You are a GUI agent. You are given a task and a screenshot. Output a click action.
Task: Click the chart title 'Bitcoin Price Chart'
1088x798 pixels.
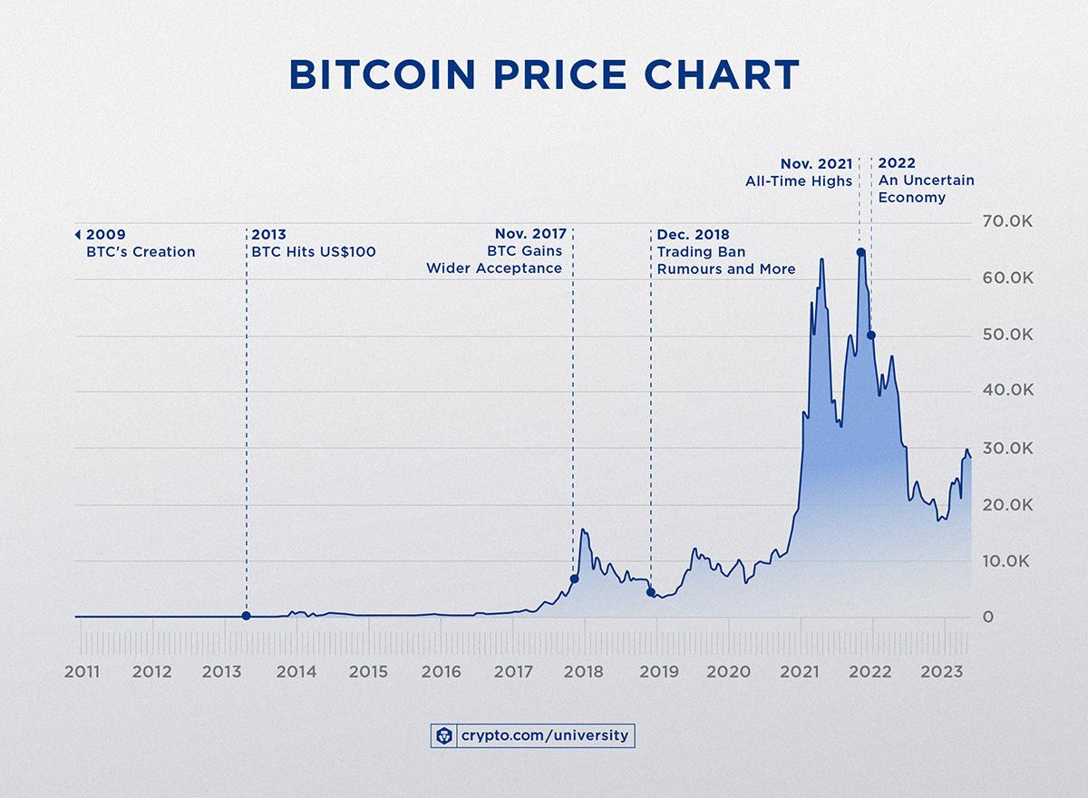click(543, 76)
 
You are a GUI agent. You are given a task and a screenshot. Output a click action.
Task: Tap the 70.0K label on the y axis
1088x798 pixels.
click(1008, 222)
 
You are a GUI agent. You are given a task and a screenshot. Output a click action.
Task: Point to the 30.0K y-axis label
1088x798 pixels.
click(1008, 449)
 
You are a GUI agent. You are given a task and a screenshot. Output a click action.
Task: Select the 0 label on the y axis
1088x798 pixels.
click(989, 618)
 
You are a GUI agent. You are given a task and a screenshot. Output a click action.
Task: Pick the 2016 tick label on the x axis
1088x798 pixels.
click(441, 672)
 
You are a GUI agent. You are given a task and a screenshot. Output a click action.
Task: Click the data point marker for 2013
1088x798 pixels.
click(247, 616)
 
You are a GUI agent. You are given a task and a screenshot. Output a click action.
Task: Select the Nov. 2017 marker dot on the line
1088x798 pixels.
click(574, 579)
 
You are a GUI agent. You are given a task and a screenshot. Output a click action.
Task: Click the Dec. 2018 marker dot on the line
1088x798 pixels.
click(651, 592)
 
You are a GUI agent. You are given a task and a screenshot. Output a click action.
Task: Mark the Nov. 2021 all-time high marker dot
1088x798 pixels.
click(860, 252)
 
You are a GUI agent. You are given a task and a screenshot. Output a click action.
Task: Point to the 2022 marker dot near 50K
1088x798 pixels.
click(871, 336)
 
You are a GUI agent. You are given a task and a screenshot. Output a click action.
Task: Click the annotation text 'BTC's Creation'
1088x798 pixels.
click(141, 252)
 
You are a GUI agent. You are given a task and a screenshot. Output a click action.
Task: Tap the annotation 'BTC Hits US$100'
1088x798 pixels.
click(313, 252)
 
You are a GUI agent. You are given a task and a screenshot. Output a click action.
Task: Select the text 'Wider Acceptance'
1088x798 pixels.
click(494, 268)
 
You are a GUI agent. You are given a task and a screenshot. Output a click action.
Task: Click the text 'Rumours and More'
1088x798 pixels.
click(726, 268)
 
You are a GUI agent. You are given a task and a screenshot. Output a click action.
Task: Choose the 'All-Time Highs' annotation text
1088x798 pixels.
click(799, 180)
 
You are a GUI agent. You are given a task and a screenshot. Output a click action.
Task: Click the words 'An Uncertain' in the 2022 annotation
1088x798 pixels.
click(926, 180)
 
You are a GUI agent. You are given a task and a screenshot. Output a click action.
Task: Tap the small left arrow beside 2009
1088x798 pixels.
click(79, 235)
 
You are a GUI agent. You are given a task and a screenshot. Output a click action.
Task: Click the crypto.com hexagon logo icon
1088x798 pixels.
click(443, 735)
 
